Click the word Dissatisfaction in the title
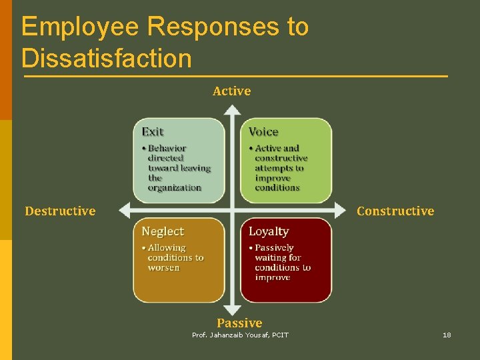coord(106,57)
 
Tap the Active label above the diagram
coord(231,91)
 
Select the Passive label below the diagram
coord(239,323)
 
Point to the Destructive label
coord(60,211)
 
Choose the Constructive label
coord(395,211)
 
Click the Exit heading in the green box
coord(153,132)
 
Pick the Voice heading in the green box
coord(263,132)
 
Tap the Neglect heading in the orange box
coord(163,231)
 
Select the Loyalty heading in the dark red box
coord(269,231)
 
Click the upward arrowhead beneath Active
coord(231,111)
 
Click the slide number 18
coord(447,335)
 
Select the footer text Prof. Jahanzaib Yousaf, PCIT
coord(240,335)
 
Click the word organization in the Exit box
coord(175,188)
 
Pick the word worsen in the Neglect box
coord(164,268)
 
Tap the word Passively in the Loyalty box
coord(274,248)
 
